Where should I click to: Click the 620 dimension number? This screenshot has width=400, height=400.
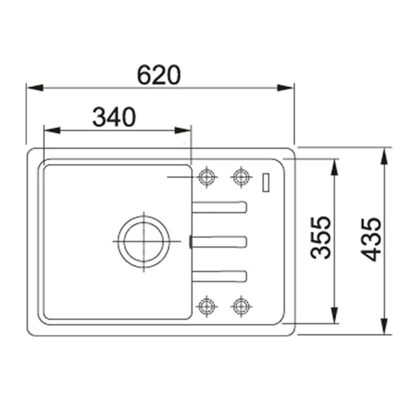pos(158,75)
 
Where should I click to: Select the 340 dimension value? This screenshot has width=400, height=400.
pos(114,117)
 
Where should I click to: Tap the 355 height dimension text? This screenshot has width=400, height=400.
pos(320,237)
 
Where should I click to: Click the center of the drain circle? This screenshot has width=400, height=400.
pos(143,241)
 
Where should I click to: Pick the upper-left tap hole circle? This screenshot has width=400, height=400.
pos(206,177)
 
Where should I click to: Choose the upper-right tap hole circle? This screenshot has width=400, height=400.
pos(241,177)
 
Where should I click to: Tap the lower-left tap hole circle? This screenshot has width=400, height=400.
pos(206,306)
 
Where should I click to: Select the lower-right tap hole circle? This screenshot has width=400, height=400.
pos(241,306)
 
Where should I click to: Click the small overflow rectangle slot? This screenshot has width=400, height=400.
pos(266,182)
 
